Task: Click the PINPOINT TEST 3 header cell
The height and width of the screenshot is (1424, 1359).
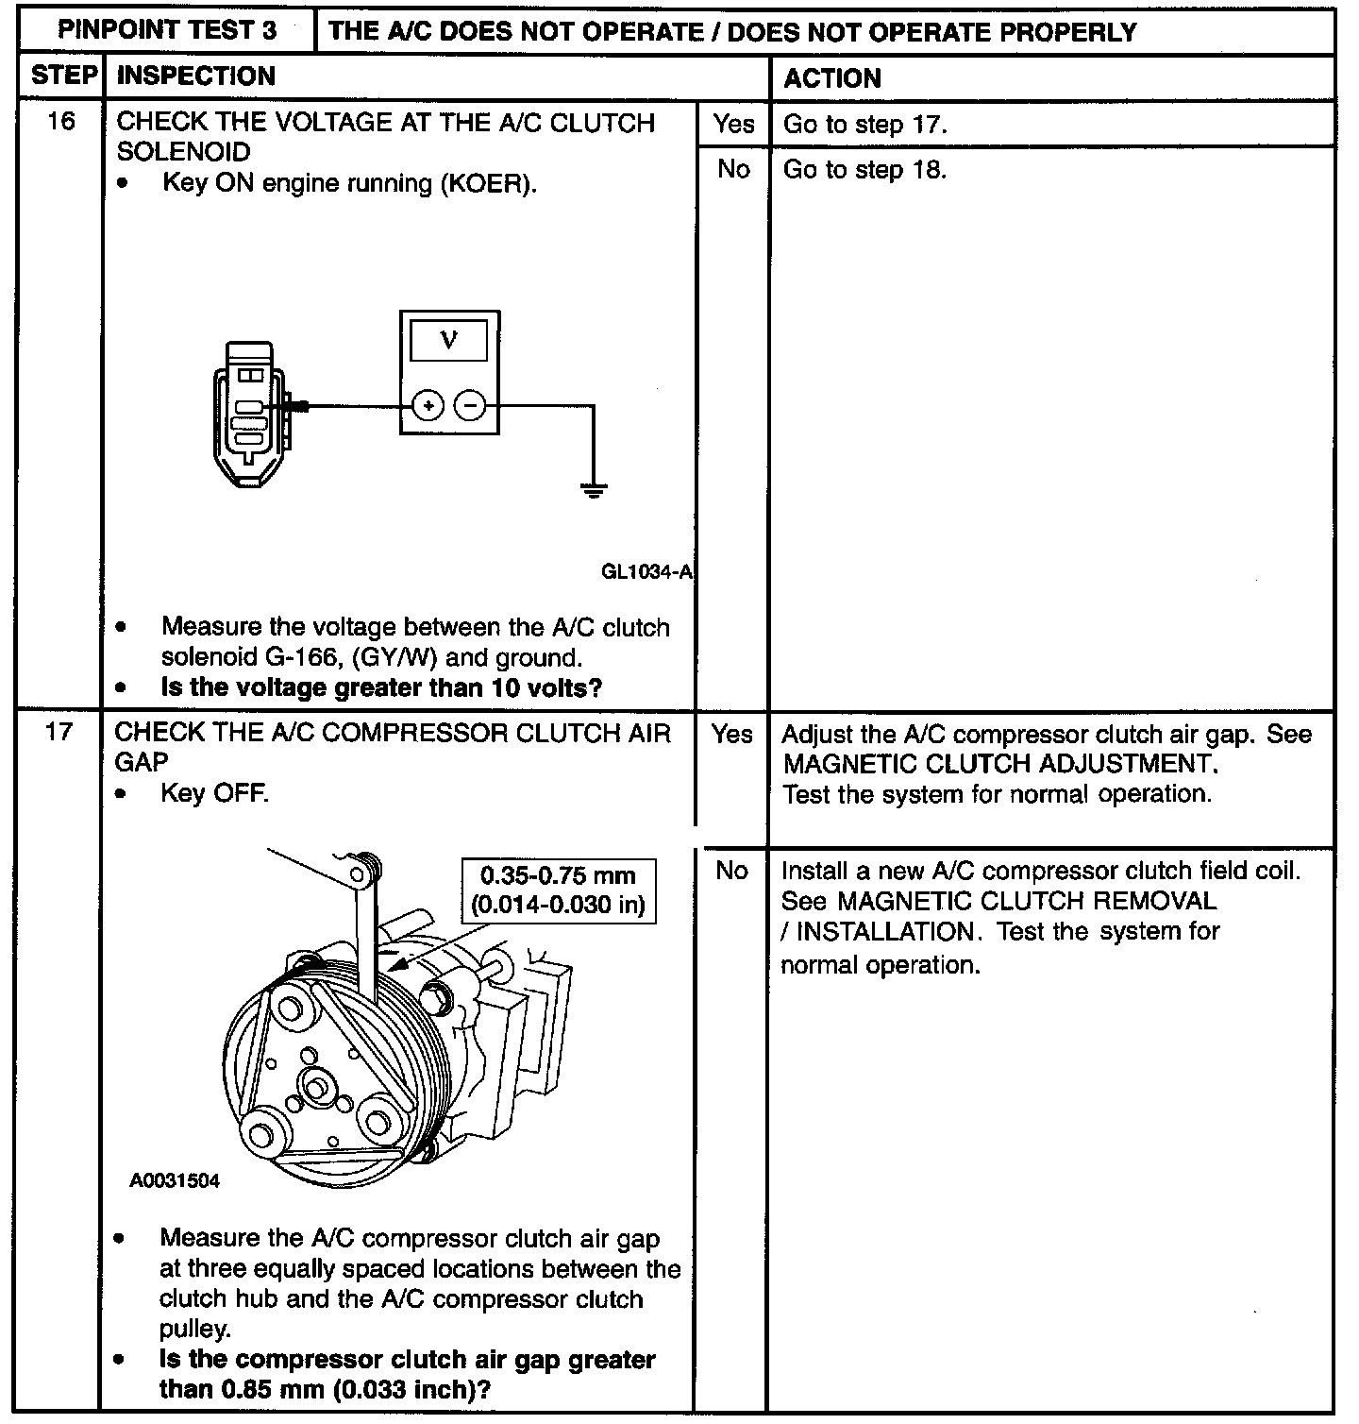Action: click(167, 31)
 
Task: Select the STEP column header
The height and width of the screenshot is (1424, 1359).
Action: click(63, 76)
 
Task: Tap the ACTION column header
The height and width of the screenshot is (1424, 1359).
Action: click(832, 78)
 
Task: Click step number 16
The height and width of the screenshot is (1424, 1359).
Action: click(61, 122)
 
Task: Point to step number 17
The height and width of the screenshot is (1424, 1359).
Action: click(59, 734)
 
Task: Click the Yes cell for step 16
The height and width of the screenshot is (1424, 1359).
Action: click(733, 124)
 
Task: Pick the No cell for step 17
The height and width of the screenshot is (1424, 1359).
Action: click(731, 871)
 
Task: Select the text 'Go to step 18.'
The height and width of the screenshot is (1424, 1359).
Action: click(864, 170)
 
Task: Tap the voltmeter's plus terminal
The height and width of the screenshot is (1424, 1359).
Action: click(428, 406)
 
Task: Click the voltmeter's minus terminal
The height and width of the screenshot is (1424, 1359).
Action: click(470, 406)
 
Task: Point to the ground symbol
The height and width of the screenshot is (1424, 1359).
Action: click(594, 490)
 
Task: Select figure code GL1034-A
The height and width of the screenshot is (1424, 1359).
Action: click(646, 571)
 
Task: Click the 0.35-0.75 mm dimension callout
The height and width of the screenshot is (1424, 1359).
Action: click(558, 890)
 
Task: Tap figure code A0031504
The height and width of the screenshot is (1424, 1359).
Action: click(175, 1180)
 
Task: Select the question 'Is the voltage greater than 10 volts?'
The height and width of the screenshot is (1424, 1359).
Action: click(381, 687)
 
